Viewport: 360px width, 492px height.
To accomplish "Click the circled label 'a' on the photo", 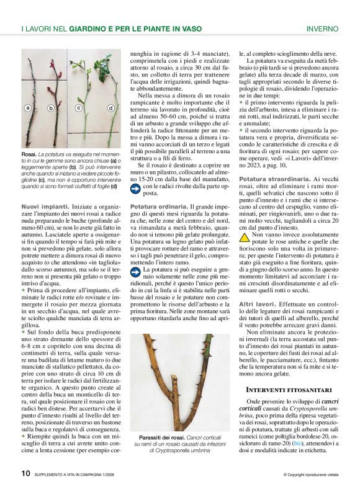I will (x=28, y=108).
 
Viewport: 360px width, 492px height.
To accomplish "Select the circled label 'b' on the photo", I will (x=51, y=108).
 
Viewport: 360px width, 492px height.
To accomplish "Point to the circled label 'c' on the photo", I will (x=79, y=108).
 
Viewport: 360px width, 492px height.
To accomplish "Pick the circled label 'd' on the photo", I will (x=111, y=108).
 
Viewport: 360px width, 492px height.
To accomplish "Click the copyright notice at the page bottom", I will (x=310, y=475).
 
